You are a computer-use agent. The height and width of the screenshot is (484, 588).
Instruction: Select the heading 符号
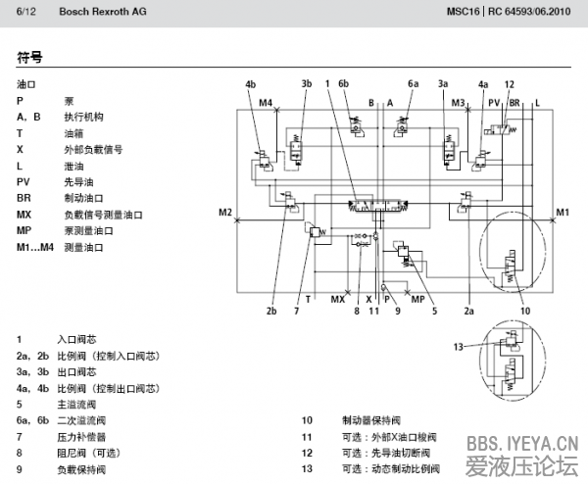pos(30,58)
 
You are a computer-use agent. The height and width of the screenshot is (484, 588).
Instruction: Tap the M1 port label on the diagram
pos(562,212)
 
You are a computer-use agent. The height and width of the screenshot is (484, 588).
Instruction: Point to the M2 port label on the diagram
pos(225,212)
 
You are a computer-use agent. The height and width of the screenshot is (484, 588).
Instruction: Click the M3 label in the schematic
pos(458,102)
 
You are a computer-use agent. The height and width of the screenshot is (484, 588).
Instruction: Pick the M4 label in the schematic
pos(266,102)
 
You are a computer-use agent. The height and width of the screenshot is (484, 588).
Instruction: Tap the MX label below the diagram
pos(338,298)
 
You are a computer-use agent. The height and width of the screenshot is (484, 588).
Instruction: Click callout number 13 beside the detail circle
pos(458,347)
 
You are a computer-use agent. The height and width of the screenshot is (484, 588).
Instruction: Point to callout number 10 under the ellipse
pos(525,312)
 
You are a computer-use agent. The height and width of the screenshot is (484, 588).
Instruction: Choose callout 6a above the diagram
pos(414,84)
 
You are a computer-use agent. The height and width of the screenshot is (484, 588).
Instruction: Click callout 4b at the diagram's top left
pos(251,84)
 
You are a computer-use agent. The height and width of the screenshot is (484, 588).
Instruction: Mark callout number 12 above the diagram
pos(509,84)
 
